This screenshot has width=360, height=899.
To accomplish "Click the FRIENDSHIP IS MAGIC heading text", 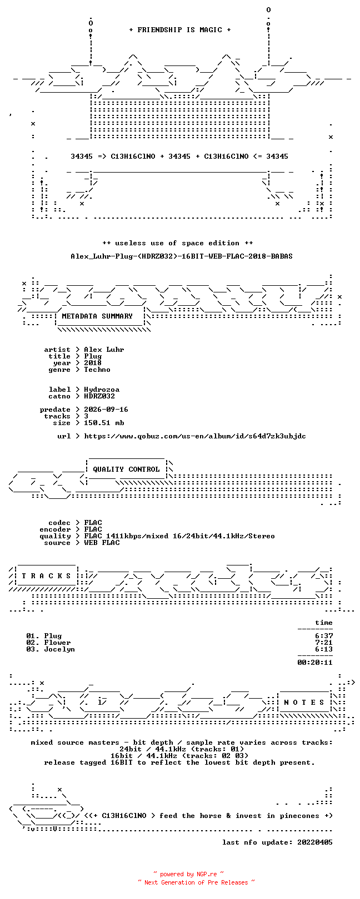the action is (x=179, y=30).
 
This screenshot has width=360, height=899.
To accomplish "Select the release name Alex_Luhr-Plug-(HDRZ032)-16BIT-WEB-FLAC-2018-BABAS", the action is (x=182, y=256).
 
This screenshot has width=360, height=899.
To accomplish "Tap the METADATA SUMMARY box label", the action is (x=97, y=316).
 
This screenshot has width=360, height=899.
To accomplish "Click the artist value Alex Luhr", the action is (x=104, y=350).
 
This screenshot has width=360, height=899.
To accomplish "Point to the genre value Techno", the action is (x=97, y=370).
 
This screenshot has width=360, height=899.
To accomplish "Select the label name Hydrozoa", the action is (x=102, y=390).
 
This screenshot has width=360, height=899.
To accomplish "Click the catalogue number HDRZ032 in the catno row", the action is (x=99, y=396).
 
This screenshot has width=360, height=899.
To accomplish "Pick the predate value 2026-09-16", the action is (x=106, y=410).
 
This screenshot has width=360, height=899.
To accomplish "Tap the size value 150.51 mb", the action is (x=104, y=423).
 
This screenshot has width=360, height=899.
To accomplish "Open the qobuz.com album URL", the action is (x=195, y=436).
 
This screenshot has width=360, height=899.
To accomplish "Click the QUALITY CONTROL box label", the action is (x=126, y=469).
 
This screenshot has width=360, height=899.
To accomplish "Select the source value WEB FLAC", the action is (x=102, y=543).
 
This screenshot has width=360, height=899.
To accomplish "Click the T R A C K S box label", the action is (x=46, y=576).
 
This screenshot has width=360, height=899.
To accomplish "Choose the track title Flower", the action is (x=57, y=643).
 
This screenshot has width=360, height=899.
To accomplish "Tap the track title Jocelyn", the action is (x=59, y=649).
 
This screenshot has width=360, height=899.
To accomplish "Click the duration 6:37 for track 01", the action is (x=324, y=636).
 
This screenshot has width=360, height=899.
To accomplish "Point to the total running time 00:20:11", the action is (x=315, y=663).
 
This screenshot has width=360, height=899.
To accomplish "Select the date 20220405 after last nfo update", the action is (x=315, y=842).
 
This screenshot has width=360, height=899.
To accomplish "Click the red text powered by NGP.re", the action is (x=188, y=874).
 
